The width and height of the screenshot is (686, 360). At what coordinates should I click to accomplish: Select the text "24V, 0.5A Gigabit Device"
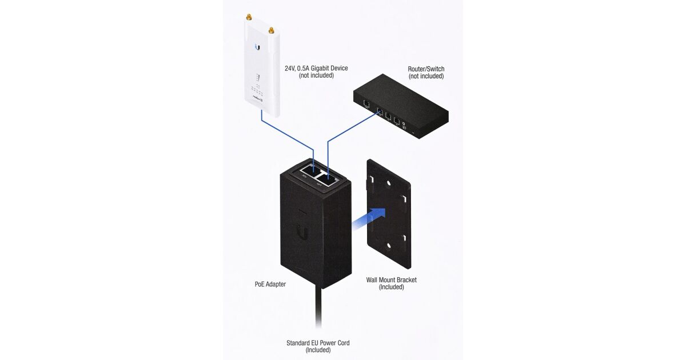(316, 68)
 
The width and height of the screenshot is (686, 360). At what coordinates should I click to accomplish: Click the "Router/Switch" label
(426, 69)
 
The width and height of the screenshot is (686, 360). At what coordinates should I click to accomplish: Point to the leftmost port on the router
(365, 103)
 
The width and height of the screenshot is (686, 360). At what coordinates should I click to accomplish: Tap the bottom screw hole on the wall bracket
(389, 246)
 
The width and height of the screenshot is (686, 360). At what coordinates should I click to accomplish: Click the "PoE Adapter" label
(270, 284)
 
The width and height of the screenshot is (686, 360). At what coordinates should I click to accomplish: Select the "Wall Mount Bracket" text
(392, 280)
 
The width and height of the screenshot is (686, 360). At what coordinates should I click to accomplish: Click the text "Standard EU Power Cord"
(318, 343)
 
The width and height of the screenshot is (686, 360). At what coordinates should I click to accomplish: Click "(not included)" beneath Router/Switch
(426, 76)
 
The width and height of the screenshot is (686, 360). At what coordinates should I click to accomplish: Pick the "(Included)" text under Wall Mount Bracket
(392, 287)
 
